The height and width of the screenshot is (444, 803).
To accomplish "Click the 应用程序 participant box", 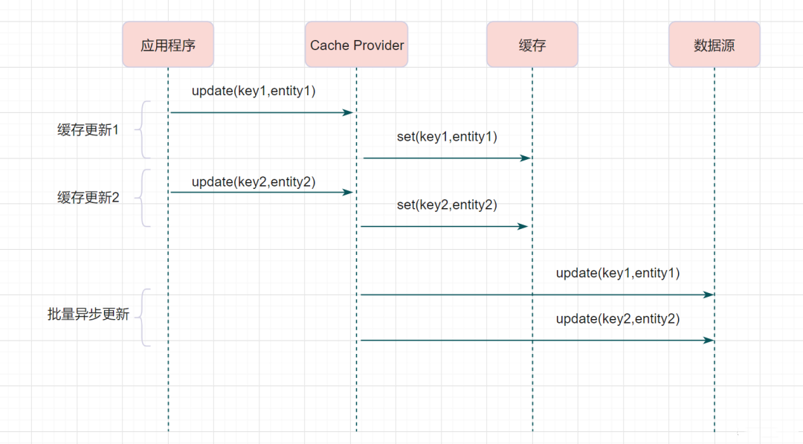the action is [x=168, y=45].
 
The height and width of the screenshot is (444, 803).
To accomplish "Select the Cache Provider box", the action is [x=356, y=45].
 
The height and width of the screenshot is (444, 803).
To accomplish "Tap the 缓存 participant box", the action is [x=532, y=45].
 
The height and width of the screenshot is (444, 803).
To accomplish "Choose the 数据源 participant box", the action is [x=715, y=45].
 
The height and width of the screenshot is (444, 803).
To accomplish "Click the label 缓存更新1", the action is [x=88, y=130].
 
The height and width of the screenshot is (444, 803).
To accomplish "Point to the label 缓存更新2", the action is [x=88, y=198].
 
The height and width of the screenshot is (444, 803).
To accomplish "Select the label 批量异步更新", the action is [x=88, y=314].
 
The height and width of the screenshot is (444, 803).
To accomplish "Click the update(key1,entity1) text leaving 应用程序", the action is [x=254, y=91].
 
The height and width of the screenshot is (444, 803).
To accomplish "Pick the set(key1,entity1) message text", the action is [x=447, y=137].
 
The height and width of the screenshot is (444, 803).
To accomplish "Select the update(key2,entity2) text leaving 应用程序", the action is [x=254, y=182].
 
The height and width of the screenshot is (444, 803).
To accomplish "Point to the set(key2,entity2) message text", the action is [x=447, y=205].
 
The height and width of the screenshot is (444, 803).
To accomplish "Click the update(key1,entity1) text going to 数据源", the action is [x=618, y=273].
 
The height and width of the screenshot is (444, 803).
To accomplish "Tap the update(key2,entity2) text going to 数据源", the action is [x=618, y=318].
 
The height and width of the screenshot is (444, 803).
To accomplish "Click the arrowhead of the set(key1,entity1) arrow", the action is [x=526, y=158].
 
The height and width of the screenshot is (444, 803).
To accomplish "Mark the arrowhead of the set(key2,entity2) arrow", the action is [x=523, y=226].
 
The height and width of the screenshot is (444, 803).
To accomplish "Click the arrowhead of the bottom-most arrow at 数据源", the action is [x=709, y=340].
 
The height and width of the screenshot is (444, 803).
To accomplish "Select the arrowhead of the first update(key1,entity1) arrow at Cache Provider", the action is [x=348, y=112].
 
